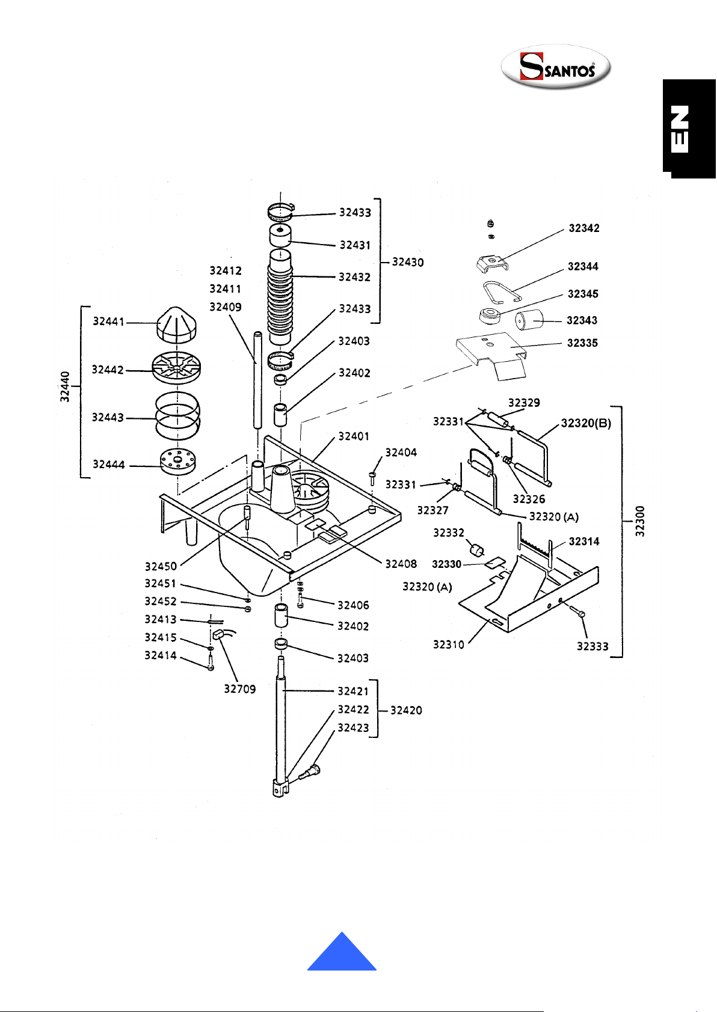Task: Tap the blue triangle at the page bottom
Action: [x=342, y=953]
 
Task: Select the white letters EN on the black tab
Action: [x=680, y=129]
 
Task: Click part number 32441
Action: [x=108, y=322]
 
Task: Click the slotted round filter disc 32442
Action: [x=176, y=368]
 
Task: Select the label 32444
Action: [x=108, y=465]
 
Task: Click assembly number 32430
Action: [x=408, y=262]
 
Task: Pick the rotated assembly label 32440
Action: [x=65, y=387]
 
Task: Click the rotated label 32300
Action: [x=639, y=521]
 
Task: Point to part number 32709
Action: [x=240, y=689]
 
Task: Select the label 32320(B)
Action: [x=586, y=423]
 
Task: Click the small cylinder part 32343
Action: [x=529, y=320]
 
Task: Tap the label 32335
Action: [x=582, y=343]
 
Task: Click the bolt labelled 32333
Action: [x=576, y=611]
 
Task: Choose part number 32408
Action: [x=401, y=564]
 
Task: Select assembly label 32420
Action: [x=406, y=710]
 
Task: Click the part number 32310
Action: [x=449, y=645]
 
